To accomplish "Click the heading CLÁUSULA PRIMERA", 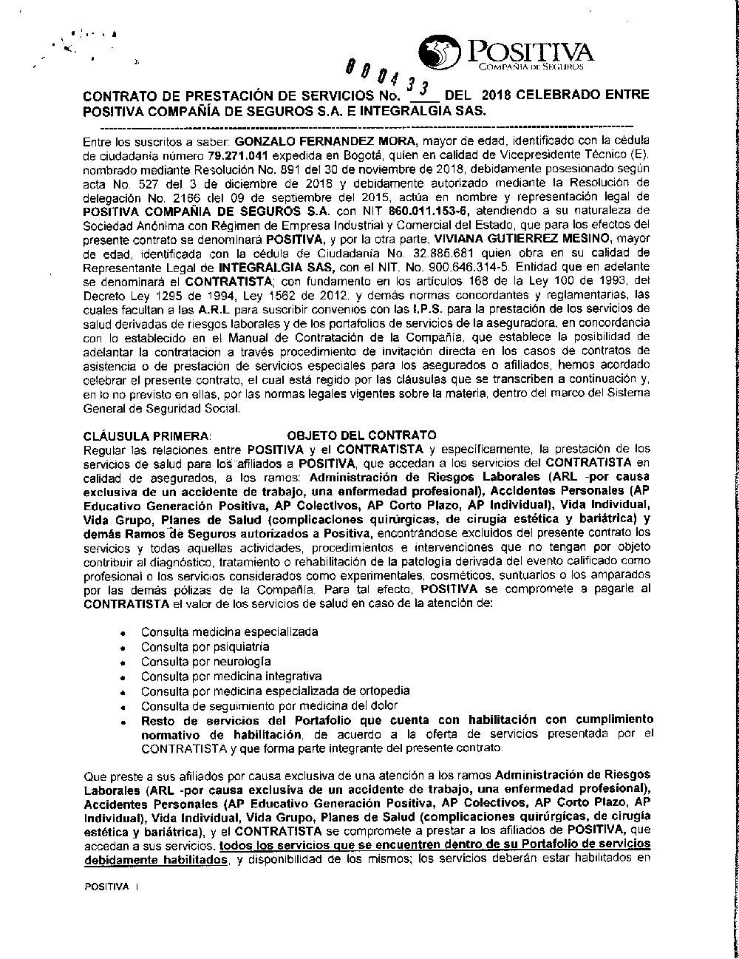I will [148, 435].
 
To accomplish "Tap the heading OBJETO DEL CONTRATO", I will [361, 435].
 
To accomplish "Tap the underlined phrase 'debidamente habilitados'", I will [155, 861].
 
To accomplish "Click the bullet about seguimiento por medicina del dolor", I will [270, 705].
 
